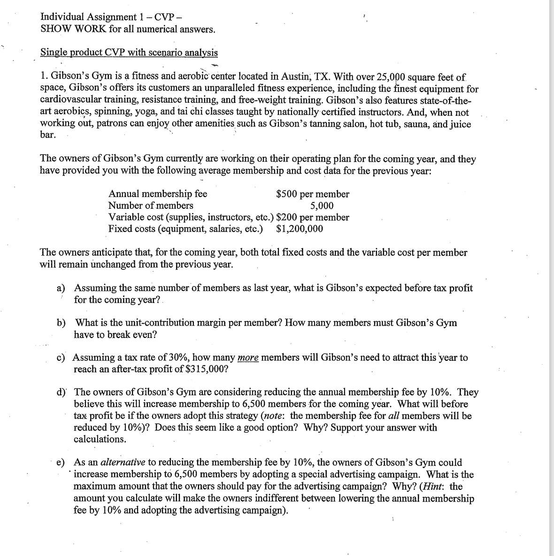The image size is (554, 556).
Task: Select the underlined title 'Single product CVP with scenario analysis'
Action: pyautogui.click(x=129, y=52)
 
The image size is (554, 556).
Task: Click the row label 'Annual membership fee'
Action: pyautogui.click(x=158, y=194)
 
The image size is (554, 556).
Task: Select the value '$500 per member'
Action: pyautogui.click(x=313, y=194)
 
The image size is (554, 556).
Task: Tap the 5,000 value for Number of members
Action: pyautogui.click(x=322, y=206)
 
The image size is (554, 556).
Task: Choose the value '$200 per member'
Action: pyautogui.click(x=313, y=217)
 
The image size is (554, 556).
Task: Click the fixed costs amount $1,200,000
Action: pyautogui.click(x=300, y=229)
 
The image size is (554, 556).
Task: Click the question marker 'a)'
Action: pyautogui.click(x=62, y=288)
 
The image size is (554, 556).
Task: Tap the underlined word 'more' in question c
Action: pyautogui.click(x=248, y=358)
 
